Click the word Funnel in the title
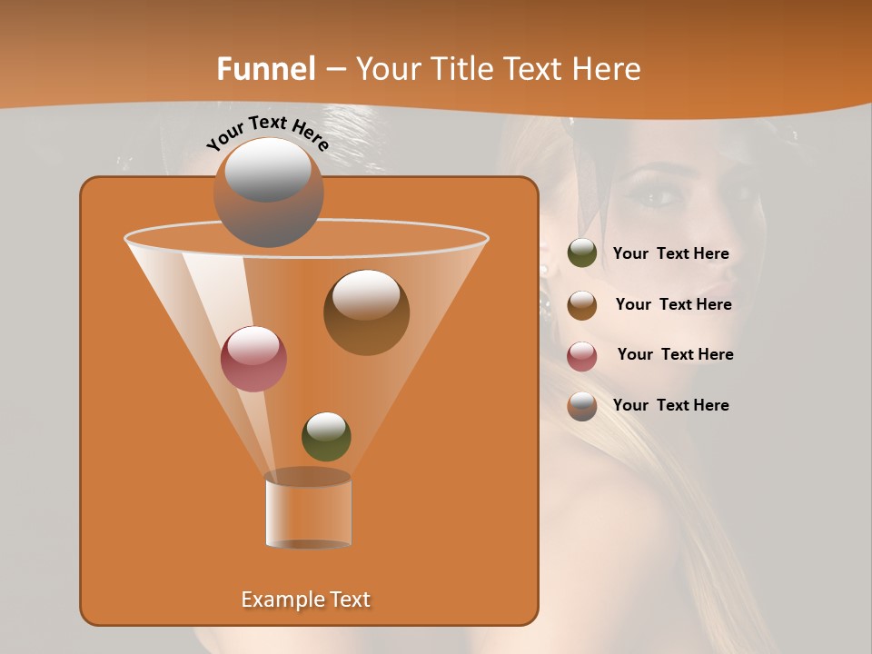coord(265,69)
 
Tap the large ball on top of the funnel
coord(268,193)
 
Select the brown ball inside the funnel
coord(366,312)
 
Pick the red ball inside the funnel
coord(253,359)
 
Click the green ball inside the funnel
coord(326,436)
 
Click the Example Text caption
coord(305,599)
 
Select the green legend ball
coord(582,253)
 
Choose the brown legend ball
coord(582,305)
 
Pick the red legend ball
coord(582,356)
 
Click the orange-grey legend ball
coord(582,406)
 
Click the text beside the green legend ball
coord(670,254)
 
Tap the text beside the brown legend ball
coord(673,304)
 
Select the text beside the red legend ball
coord(675,354)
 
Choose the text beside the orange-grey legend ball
coord(670,405)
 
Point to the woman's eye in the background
coord(660,196)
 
